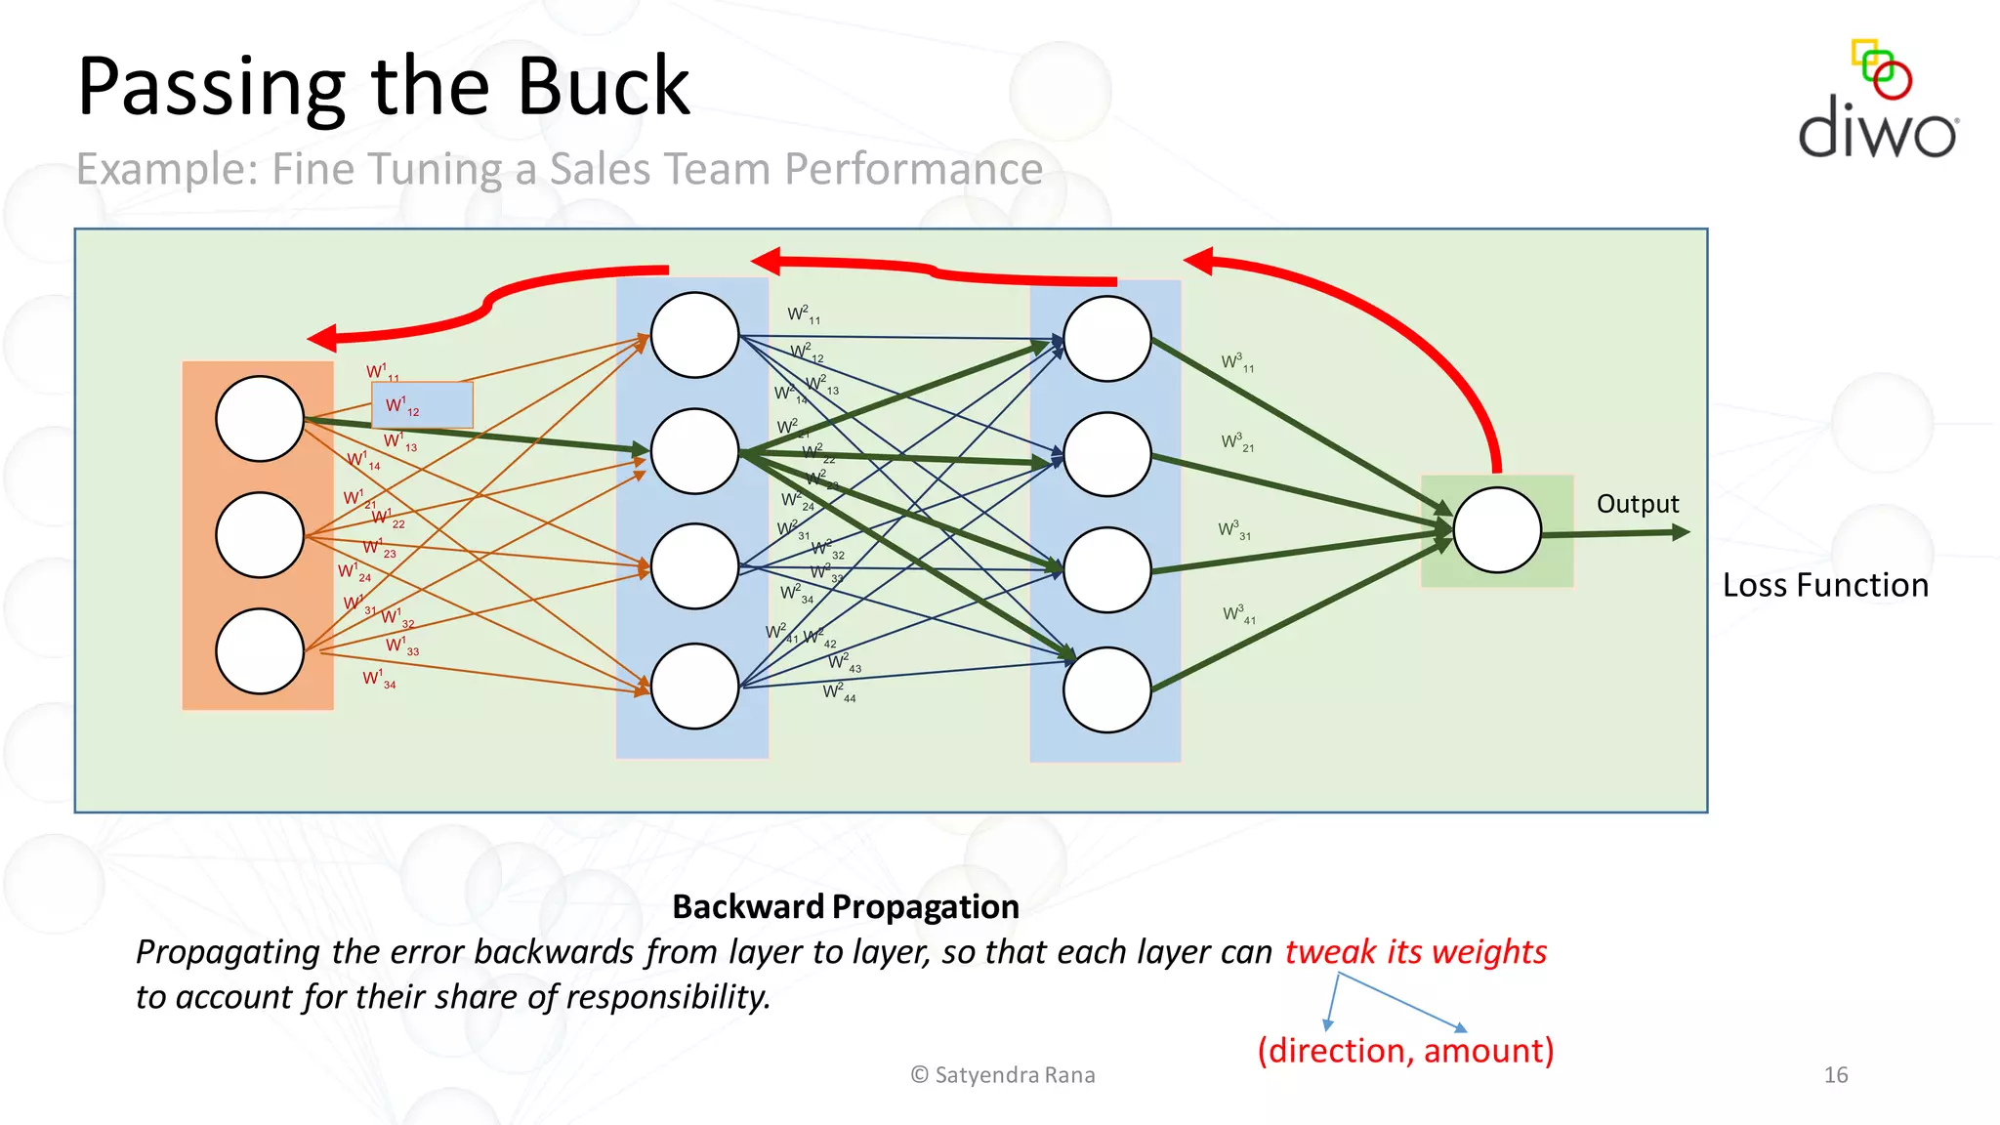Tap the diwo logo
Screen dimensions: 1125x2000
pos(1877,103)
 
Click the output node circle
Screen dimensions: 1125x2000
pos(1496,530)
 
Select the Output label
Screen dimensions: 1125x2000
pos(1637,504)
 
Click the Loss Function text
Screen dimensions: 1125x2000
pos(1824,585)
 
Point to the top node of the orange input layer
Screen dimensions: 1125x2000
pos(260,419)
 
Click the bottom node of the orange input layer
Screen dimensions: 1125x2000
pos(260,651)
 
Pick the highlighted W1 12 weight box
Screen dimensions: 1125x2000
pos(422,405)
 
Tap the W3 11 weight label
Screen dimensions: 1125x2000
pos(1236,363)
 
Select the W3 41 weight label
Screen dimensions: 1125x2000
pos(1238,615)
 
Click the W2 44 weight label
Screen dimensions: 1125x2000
pos(838,692)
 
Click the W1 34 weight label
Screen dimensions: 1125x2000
pos(379,679)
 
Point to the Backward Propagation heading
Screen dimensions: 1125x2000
pos(846,906)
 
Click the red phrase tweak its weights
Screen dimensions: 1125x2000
pos(1415,951)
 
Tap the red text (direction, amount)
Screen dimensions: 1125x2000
pos(1404,1051)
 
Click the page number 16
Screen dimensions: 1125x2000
pos(1835,1075)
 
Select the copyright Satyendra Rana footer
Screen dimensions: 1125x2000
pos(1003,1075)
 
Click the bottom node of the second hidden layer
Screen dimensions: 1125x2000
pos(1106,689)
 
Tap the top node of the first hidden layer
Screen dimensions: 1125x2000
pos(694,335)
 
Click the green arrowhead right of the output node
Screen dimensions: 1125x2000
pos(1680,532)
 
